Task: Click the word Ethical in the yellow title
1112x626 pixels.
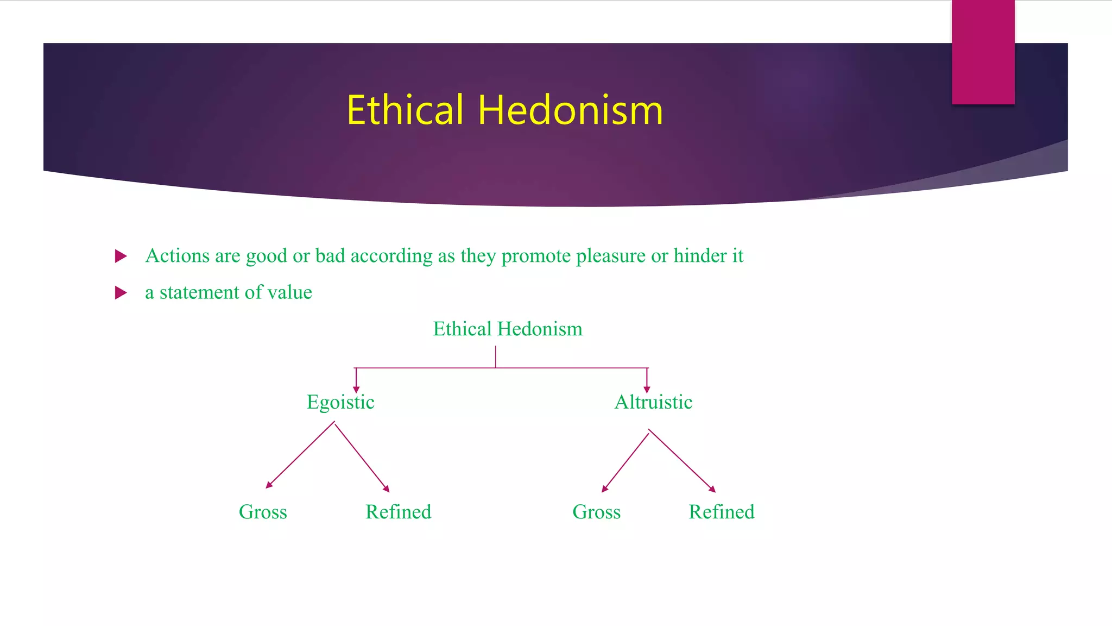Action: click(x=405, y=110)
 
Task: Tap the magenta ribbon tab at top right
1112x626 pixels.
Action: click(x=983, y=52)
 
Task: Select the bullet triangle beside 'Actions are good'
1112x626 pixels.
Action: click(x=121, y=256)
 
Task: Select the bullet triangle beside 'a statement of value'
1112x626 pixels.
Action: click(x=121, y=293)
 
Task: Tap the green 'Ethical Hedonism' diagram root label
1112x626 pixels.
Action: click(x=507, y=329)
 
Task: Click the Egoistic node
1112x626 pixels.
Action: click(x=340, y=402)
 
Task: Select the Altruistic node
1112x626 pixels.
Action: click(x=653, y=402)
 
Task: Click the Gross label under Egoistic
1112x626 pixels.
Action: click(x=263, y=512)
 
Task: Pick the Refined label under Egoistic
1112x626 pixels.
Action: click(x=398, y=512)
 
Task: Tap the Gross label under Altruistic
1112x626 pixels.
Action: click(x=596, y=512)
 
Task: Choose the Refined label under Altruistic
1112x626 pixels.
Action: click(x=721, y=512)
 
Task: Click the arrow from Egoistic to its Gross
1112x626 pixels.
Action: click(x=300, y=455)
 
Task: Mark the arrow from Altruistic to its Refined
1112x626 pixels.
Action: click(x=682, y=461)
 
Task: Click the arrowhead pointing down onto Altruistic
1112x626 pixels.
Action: click(x=647, y=389)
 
